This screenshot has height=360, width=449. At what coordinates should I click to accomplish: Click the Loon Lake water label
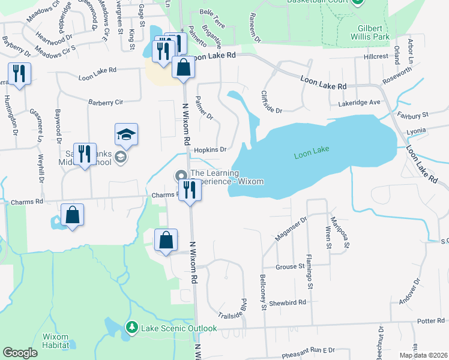[x=312, y=155]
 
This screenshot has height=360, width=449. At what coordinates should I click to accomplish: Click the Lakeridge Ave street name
[x=359, y=103]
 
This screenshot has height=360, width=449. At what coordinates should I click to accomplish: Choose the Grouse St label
[x=290, y=266]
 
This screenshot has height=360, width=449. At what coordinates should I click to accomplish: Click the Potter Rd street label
[x=430, y=322]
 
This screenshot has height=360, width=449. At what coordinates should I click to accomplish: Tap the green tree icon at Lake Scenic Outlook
[x=131, y=328]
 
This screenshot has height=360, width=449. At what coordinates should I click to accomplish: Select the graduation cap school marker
[x=127, y=134]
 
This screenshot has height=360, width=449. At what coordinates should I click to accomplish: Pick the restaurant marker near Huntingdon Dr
[x=19, y=74]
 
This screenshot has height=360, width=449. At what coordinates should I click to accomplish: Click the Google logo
[x=20, y=353]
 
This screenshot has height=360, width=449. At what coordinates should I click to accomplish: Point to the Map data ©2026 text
[x=422, y=355]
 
